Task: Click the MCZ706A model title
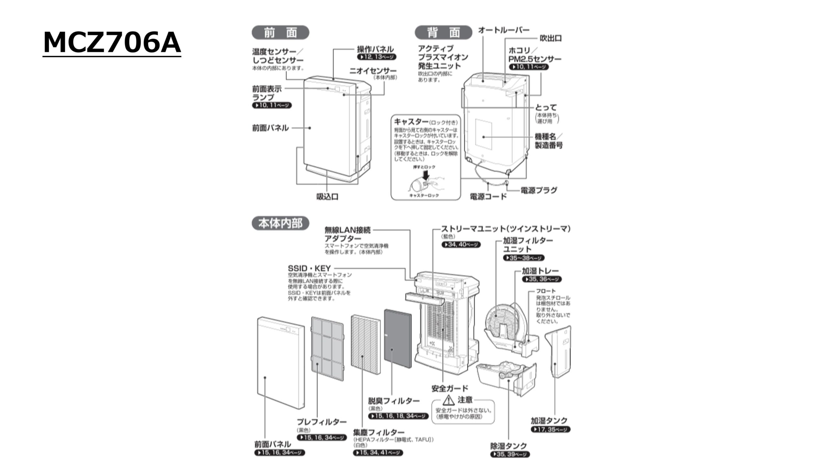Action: (112, 43)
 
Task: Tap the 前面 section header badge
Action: (280, 33)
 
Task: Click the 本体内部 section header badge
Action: (280, 224)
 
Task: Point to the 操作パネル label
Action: (375, 49)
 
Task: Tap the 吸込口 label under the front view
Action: (327, 196)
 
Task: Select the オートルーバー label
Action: (504, 30)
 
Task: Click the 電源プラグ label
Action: (539, 190)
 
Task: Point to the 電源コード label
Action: (488, 196)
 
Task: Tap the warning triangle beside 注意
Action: (449, 400)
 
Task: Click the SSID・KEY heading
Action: (309, 268)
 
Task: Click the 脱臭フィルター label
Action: (394, 401)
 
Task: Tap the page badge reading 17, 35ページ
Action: (550, 429)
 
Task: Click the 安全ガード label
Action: (450, 388)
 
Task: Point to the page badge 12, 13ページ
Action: (377, 57)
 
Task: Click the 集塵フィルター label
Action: (379, 432)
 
